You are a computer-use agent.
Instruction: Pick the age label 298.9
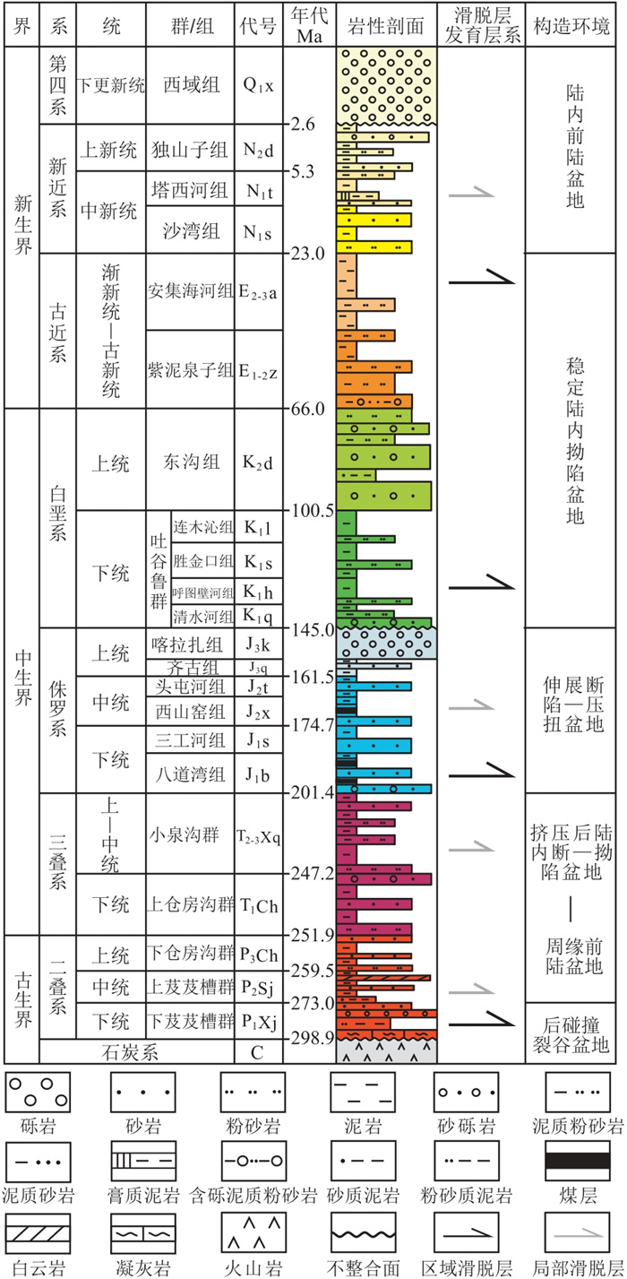coord(311,1037)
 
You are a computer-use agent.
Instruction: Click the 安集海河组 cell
coord(190,290)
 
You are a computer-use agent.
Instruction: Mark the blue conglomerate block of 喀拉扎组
coord(386,644)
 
